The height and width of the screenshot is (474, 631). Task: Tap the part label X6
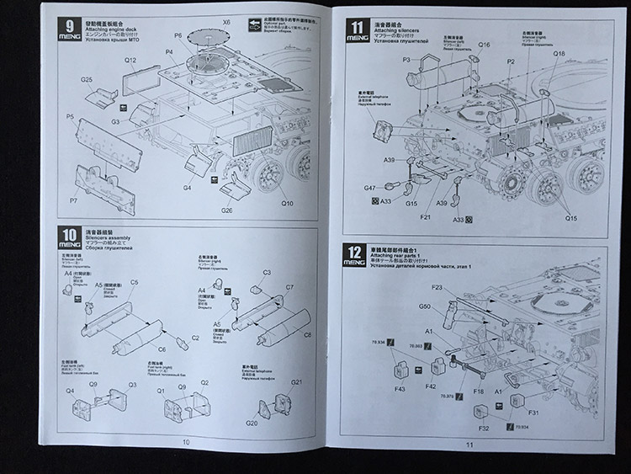(225, 22)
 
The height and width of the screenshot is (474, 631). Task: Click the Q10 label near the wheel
(287, 203)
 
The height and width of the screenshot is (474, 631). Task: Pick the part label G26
(226, 210)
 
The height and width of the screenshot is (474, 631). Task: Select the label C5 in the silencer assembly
(135, 283)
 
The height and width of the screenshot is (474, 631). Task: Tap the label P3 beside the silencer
(406, 60)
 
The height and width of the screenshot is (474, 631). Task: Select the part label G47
(369, 189)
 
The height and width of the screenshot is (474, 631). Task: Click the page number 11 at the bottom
(469, 446)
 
